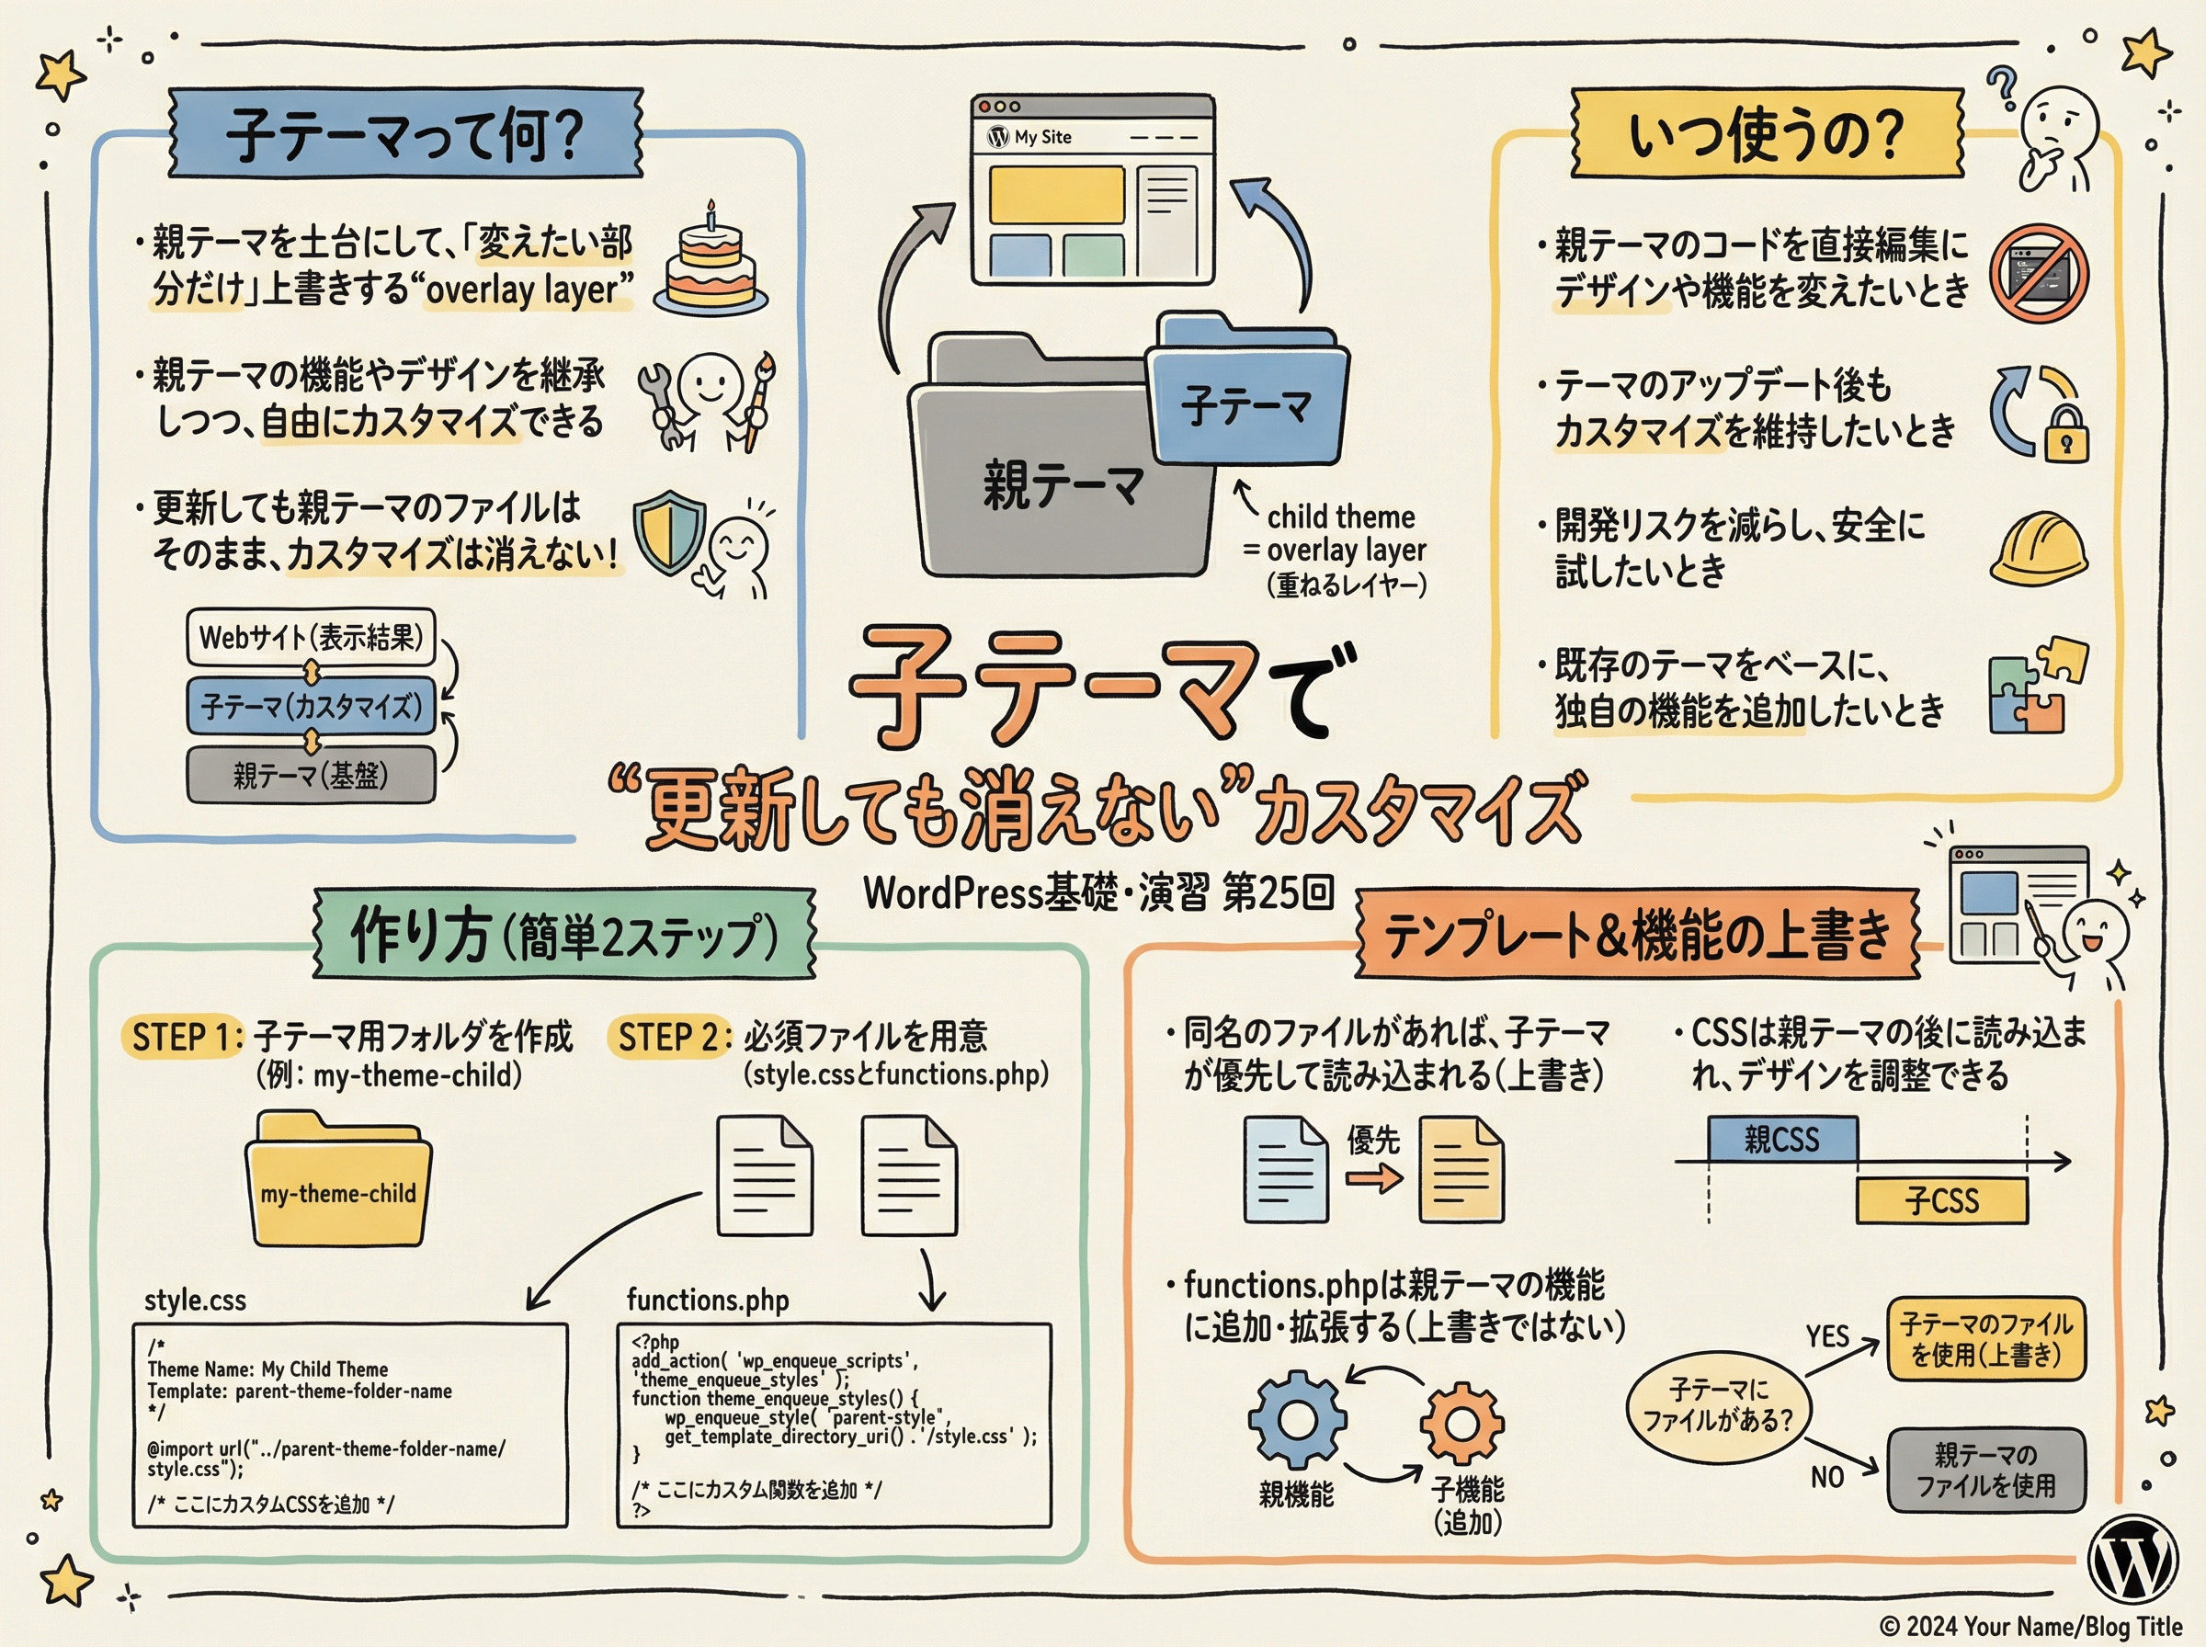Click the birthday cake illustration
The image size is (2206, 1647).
(711, 262)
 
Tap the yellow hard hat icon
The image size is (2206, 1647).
(2039, 550)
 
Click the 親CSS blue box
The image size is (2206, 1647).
(1782, 1139)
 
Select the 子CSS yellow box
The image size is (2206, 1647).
(1941, 1200)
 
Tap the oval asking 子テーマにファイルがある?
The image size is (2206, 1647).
(1718, 1403)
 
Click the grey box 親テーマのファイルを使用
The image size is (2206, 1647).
(1985, 1470)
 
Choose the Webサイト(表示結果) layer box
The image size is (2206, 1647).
(311, 637)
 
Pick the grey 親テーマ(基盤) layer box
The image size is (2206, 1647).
(311, 774)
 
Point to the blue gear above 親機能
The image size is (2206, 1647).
(1297, 1419)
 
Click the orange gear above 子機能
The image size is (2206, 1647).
(1461, 1424)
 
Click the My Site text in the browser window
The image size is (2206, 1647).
(1042, 137)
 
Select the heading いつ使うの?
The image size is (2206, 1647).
(1766, 133)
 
